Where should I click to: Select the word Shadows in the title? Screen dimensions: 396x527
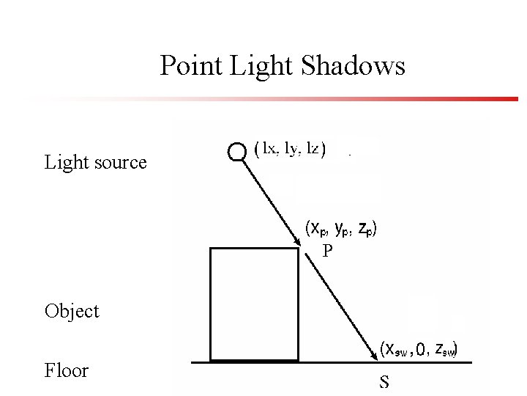point(351,67)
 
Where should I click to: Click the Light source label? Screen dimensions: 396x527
point(95,162)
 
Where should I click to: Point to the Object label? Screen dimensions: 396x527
point(71,311)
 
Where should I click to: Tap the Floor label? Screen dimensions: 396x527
point(66,370)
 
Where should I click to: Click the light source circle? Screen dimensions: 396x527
point(237,152)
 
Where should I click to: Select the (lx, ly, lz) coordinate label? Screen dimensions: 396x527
point(290,149)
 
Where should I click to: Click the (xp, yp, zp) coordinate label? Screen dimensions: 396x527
point(340,228)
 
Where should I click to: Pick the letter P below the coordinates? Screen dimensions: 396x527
point(328,252)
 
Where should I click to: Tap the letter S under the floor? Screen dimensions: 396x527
point(384,381)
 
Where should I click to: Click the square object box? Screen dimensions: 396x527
point(254,304)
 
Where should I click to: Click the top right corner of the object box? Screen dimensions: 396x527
point(299,249)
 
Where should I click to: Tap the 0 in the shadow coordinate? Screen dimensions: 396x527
point(419,349)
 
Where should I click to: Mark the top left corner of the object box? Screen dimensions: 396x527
point(211,249)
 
